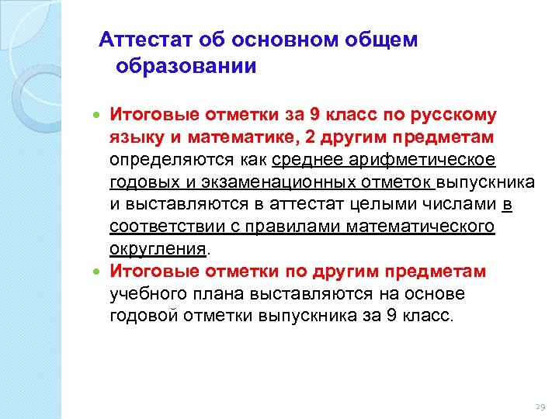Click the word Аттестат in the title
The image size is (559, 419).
coord(146,40)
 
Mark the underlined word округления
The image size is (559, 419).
coord(158,249)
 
